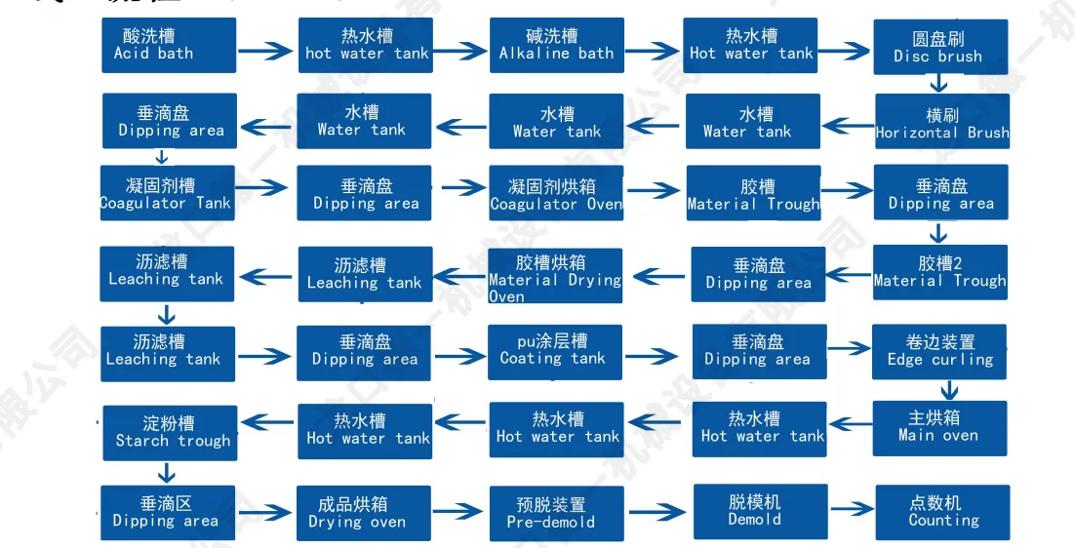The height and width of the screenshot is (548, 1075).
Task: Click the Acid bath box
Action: click(x=169, y=45)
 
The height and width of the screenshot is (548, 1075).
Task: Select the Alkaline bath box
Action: click(x=556, y=45)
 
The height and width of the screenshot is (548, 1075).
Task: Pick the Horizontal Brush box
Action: click(x=941, y=123)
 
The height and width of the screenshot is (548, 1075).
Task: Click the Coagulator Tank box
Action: click(x=166, y=193)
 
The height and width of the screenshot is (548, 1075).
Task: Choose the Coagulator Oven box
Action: click(x=556, y=193)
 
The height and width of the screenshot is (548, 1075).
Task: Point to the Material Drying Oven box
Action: click(x=555, y=276)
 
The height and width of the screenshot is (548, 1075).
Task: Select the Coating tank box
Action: click(x=553, y=350)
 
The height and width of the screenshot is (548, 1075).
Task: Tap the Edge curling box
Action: click(x=940, y=351)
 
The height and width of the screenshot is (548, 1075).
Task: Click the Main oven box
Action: click(x=938, y=427)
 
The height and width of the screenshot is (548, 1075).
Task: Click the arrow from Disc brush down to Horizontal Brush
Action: click(x=938, y=85)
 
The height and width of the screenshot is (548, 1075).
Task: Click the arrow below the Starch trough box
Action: click(x=167, y=473)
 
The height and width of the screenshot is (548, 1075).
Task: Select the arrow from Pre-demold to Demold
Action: click(x=658, y=511)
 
